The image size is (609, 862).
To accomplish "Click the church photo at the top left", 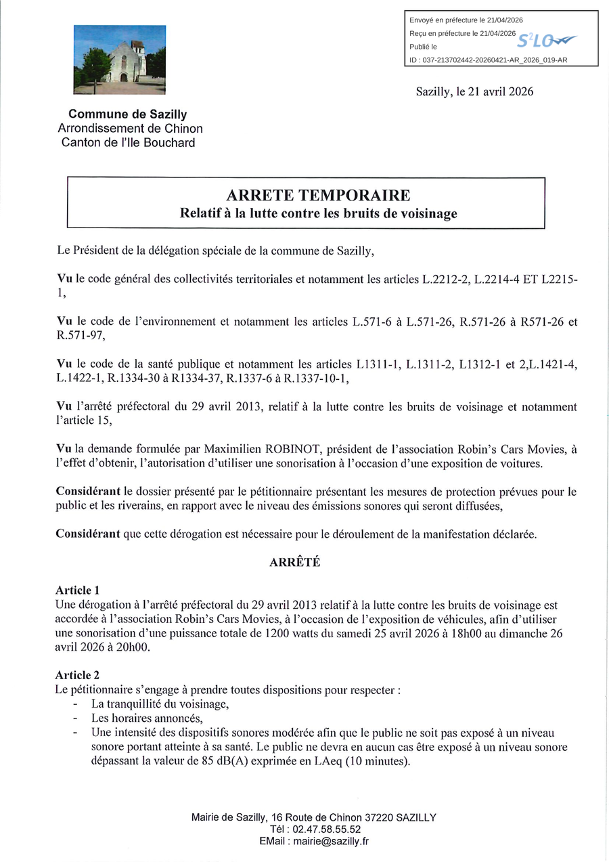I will point(120,59).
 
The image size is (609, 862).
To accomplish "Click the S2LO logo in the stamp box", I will point(547,41).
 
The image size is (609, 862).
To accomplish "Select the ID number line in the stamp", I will point(489,60).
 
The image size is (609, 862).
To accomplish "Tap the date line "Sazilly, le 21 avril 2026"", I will point(474,92).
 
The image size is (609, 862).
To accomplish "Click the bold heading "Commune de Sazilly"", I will point(127,114).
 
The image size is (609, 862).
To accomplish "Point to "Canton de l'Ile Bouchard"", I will point(128,142).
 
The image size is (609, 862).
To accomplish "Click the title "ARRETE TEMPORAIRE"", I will point(318,196).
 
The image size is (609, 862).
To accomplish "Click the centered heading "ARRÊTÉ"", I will point(294,562).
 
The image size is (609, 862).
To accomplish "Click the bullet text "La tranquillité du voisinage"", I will point(160,704).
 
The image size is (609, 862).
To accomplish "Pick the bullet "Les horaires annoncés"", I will point(147,718).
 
